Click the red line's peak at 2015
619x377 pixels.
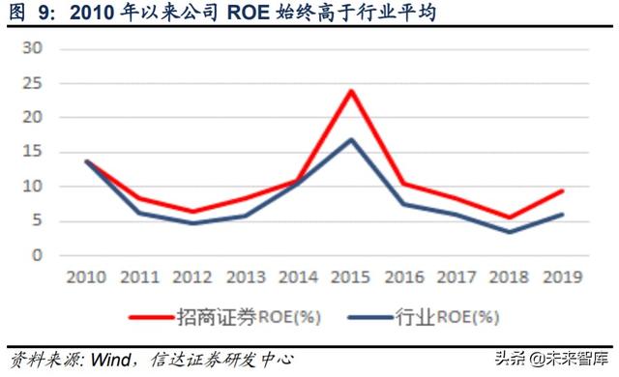coord(350,91)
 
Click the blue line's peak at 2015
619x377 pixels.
coord(350,139)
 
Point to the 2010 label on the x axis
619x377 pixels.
coord(88,277)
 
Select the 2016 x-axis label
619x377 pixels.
coord(403,277)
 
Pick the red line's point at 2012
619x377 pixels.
coord(193,212)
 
